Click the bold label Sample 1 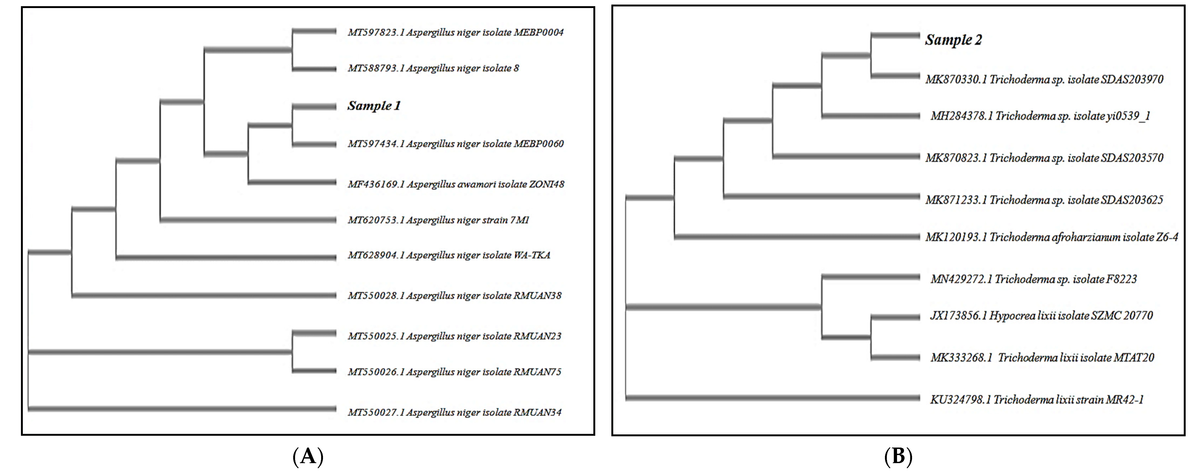click(374, 106)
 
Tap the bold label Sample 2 click(953, 40)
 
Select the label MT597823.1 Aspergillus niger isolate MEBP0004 click(455, 32)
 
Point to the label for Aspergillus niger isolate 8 click(433, 68)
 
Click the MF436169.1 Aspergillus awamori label click(456, 184)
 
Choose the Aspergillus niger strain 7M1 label click(438, 220)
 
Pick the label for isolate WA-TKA click(449, 255)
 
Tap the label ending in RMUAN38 click(454, 296)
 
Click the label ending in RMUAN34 click(454, 412)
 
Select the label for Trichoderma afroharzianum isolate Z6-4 click(1051, 237)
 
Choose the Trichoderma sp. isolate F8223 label click(1033, 279)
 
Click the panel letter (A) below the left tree click(308, 457)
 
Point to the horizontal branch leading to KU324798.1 click(772, 397)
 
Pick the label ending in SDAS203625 click(1044, 200)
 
